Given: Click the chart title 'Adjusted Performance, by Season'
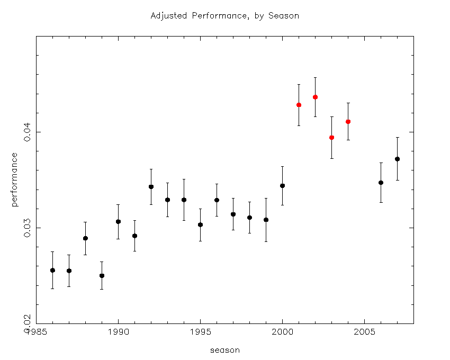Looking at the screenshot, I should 225,16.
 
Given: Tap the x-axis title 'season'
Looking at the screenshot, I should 225,350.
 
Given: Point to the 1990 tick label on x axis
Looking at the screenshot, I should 118,332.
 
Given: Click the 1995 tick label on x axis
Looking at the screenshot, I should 200,332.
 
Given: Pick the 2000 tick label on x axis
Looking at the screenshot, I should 282,332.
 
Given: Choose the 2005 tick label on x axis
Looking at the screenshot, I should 364,332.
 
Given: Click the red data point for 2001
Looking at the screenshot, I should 299,105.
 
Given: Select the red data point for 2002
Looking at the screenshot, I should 315,97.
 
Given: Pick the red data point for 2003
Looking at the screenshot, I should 331,137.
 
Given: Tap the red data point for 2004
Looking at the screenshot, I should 348,121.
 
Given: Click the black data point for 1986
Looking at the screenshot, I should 52,270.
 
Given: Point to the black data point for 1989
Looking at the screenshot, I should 102,275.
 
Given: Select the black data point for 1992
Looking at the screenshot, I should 151,186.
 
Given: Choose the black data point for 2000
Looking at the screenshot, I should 282,185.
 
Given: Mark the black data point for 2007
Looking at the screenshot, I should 397,159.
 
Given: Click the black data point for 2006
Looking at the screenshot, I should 381,182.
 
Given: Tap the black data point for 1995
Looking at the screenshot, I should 200,224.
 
